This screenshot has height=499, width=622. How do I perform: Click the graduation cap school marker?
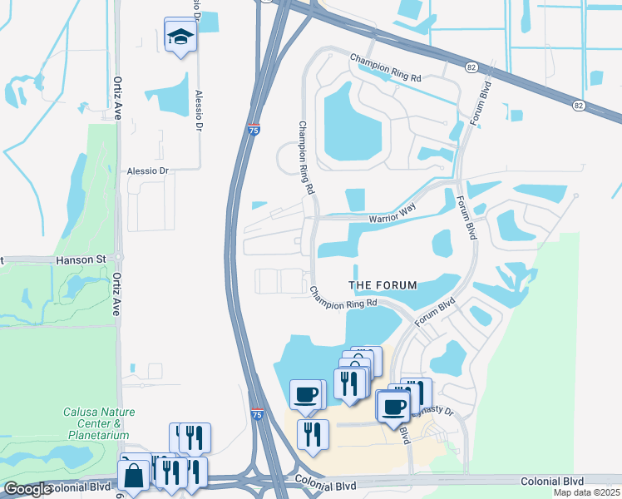(180, 37)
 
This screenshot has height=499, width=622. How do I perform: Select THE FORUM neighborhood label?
(383, 285)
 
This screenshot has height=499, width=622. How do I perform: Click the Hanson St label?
(81, 260)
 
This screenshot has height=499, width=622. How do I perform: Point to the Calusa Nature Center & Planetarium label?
(99, 423)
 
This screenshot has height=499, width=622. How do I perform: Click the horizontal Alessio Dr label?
(147, 171)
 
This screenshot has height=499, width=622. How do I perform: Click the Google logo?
(27, 489)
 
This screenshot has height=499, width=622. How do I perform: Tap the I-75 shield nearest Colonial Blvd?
(258, 414)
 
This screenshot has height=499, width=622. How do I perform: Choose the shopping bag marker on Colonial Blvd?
(133, 477)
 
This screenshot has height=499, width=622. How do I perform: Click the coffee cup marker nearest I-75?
(305, 393)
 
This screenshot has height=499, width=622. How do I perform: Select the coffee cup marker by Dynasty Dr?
(393, 406)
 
